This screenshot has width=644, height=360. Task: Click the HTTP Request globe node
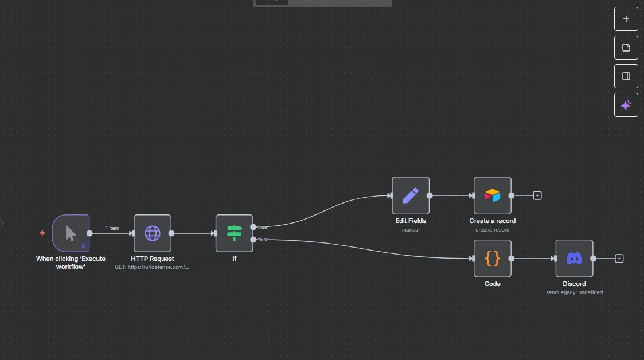point(153,233)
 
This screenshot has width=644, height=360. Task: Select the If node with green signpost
point(234,233)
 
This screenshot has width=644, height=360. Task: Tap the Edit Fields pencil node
point(411,195)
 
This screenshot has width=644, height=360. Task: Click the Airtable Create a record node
point(493,195)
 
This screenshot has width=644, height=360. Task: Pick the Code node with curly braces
point(493,259)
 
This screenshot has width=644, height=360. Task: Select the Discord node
point(574,259)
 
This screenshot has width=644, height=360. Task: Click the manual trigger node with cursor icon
point(71,233)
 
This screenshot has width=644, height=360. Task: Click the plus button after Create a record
point(537,195)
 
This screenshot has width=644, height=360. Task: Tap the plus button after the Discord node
point(619,259)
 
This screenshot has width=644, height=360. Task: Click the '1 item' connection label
point(112,228)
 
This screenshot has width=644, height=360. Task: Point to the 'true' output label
point(262,227)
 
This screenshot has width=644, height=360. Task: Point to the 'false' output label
point(263,240)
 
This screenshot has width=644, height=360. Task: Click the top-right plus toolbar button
point(626,19)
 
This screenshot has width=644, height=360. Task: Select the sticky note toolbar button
point(626,48)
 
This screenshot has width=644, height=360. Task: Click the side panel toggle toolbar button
point(626,76)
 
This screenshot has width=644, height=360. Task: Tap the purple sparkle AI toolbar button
point(626,105)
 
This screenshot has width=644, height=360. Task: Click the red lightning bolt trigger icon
point(42,233)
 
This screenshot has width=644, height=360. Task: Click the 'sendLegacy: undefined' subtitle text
point(574,292)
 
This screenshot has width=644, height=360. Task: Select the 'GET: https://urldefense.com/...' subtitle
point(152,267)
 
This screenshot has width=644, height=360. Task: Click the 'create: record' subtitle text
point(493,230)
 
